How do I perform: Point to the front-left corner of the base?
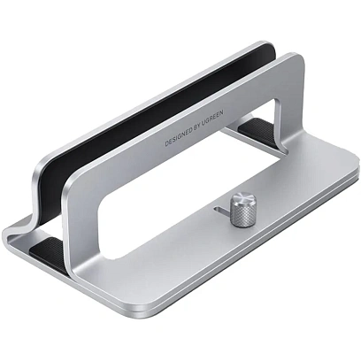tap(9, 234)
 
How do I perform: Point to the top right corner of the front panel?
tap(296, 62)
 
